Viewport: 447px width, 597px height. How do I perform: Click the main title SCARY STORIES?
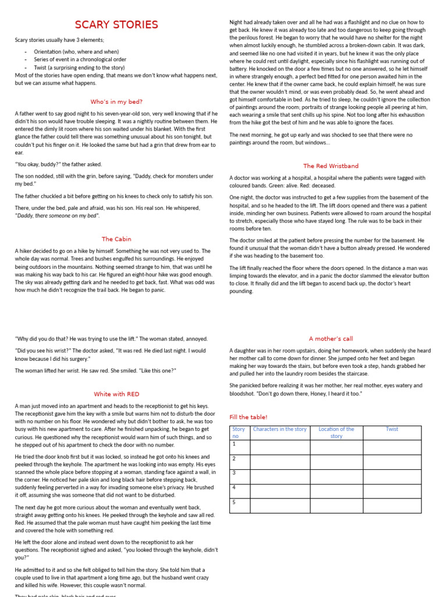tap(116, 24)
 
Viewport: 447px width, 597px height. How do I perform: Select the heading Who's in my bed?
tap(116, 101)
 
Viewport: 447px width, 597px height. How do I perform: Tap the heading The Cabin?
tap(116, 239)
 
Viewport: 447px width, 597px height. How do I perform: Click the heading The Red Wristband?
tap(331, 166)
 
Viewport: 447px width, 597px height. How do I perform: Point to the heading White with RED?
tap(116, 394)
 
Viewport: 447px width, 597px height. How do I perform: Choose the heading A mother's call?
tap(331, 339)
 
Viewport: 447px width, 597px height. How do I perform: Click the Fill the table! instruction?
tap(249, 417)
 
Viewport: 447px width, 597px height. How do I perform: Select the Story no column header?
tap(239, 433)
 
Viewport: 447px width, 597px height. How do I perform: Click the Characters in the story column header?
tap(279, 429)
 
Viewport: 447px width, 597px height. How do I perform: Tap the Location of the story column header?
tap(336, 433)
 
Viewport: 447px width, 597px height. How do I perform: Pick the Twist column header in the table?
tap(392, 429)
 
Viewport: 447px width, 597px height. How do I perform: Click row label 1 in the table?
tap(234, 444)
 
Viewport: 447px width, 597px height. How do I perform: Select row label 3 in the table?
tap(234, 473)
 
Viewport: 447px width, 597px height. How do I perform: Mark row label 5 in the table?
tap(234, 502)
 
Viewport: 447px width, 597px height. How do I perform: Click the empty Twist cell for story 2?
tap(392, 462)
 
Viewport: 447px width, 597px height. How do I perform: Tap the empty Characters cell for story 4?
tap(279, 491)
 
